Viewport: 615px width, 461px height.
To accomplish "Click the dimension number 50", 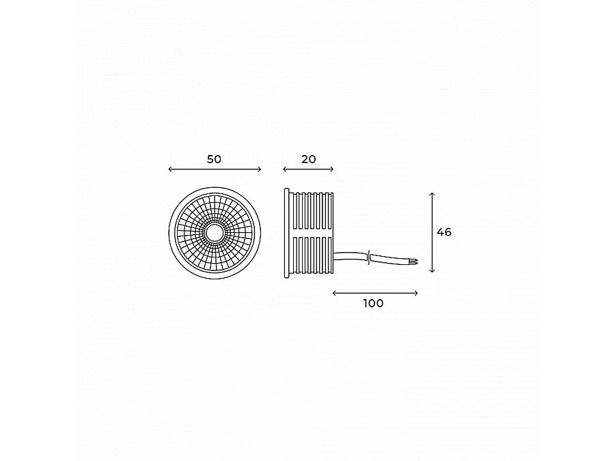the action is pyautogui.click(x=214, y=159).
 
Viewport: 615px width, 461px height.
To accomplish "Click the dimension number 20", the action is pyautogui.click(x=309, y=159).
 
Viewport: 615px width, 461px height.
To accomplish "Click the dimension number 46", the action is pyautogui.click(x=444, y=232).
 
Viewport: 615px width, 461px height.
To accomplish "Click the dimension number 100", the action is pyautogui.click(x=373, y=303).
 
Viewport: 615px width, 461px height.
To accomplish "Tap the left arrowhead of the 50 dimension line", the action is pyautogui.click(x=170, y=169).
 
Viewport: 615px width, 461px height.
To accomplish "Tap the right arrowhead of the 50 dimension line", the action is pyautogui.click(x=259, y=169).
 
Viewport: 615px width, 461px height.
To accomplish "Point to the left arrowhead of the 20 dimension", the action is pyautogui.click(x=285, y=169).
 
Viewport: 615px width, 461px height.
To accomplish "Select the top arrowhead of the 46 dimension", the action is pyautogui.click(x=432, y=194).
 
